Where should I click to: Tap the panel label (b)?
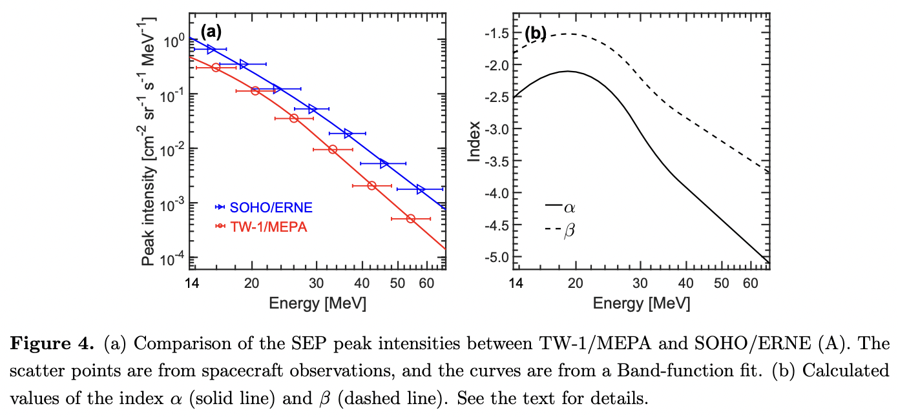[536, 34]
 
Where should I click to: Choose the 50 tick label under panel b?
[722, 283]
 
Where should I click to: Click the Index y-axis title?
[475, 140]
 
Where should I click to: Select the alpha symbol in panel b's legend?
[570, 207]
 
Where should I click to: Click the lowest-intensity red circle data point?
[410, 219]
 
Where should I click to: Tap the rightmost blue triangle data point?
[421, 189]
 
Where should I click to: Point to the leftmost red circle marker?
[216, 68]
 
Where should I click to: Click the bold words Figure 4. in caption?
[52, 343]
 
